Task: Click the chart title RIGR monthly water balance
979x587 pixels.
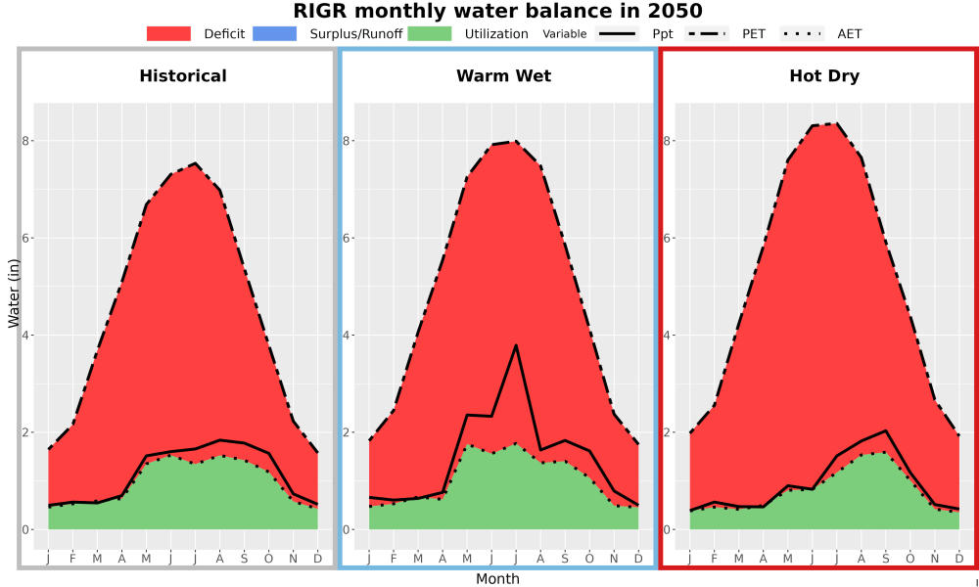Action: click(497, 11)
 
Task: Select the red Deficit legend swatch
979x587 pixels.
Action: click(168, 33)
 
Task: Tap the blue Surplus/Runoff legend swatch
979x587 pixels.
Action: click(275, 33)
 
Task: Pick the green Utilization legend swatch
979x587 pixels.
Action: click(430, 33)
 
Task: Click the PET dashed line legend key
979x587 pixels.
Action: click(706, 33)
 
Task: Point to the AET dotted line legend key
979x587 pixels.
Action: click(802, 33)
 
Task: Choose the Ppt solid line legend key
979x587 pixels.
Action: click(617, 33)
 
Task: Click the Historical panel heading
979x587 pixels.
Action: click(183, 76)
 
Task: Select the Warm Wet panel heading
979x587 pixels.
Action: click(504, 76)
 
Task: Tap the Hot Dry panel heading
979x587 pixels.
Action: click(824, 76)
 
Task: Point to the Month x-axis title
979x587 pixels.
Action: click(497, 579)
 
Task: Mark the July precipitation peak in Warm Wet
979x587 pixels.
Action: click(516, 345)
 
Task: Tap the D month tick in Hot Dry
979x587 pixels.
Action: click(959, 559)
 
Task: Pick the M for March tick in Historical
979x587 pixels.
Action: click(97, 559)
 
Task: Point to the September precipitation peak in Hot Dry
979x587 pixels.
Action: click(885, 430)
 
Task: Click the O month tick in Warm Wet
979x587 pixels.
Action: click(589, 559)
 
